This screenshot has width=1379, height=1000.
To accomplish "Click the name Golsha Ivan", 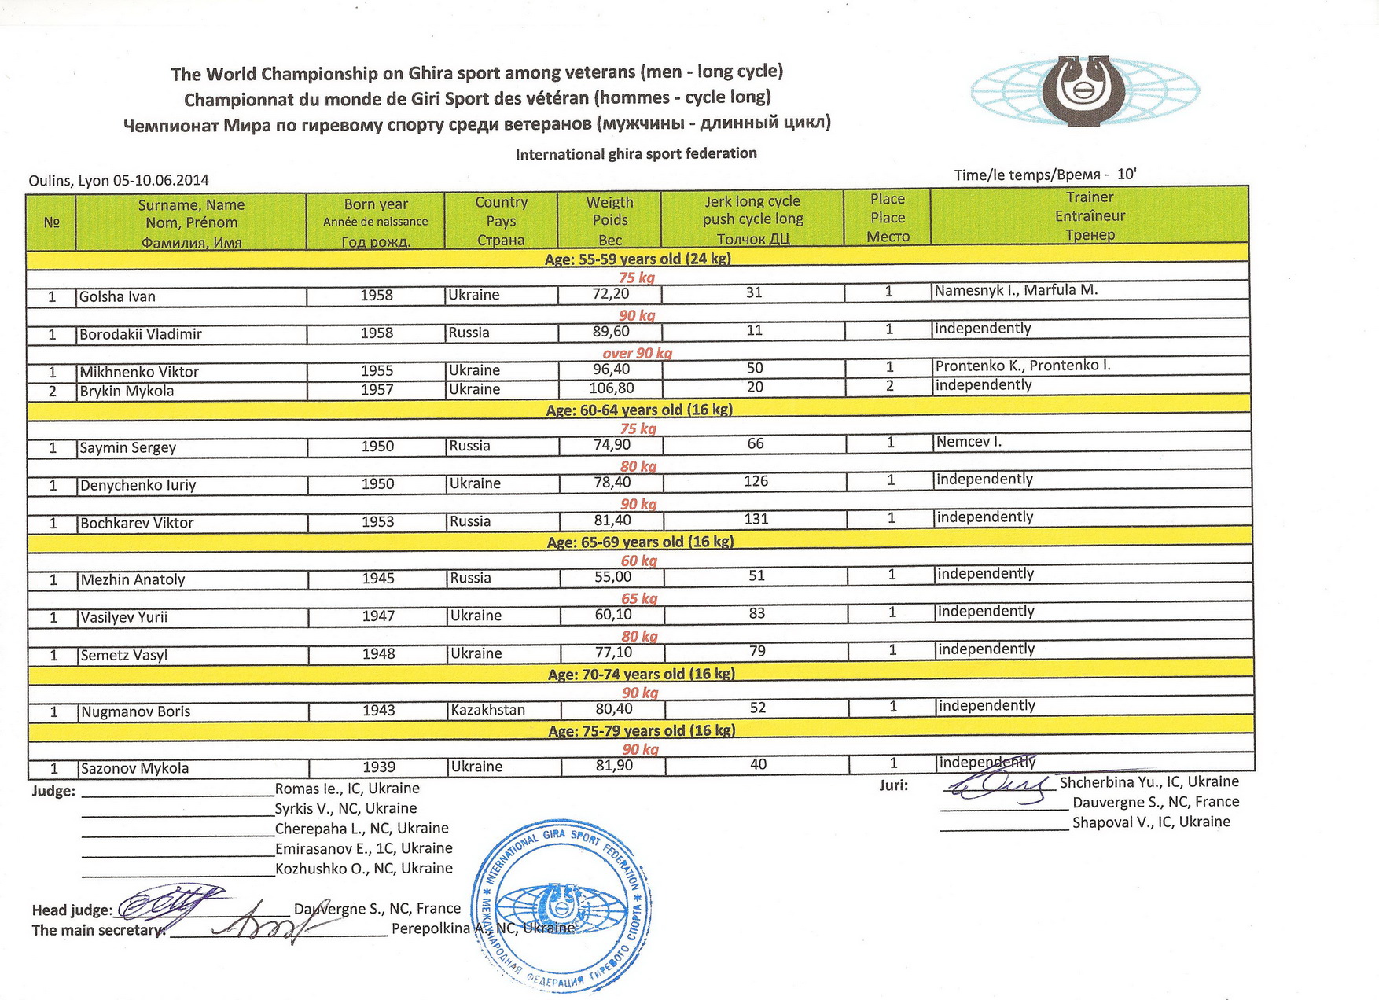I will coord(117,297).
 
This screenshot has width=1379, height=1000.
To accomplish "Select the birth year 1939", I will coord(378,767).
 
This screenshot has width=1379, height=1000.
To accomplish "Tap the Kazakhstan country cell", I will coord(487,710).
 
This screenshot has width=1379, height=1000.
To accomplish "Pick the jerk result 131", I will coord(756,519).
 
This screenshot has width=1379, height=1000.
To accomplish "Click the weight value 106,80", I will coord(612,388).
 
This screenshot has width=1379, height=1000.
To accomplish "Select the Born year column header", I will coord(375,222).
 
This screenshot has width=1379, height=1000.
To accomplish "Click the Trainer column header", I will coord(1090,216).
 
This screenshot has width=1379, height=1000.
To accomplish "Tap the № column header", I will coord(52,222).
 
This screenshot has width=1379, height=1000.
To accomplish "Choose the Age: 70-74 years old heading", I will coord(641,674).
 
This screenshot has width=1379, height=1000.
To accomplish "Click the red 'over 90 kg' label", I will coord(637,353).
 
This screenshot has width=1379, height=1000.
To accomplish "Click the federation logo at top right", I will coord(1085,91).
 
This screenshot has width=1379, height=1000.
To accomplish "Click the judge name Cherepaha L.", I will coord(321,829).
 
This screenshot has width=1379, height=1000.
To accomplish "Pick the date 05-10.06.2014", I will coord(161,180).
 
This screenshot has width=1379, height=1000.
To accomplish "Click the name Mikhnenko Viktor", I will coord(138,372).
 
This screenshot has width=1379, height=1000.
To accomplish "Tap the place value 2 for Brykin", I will coord(889,386).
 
